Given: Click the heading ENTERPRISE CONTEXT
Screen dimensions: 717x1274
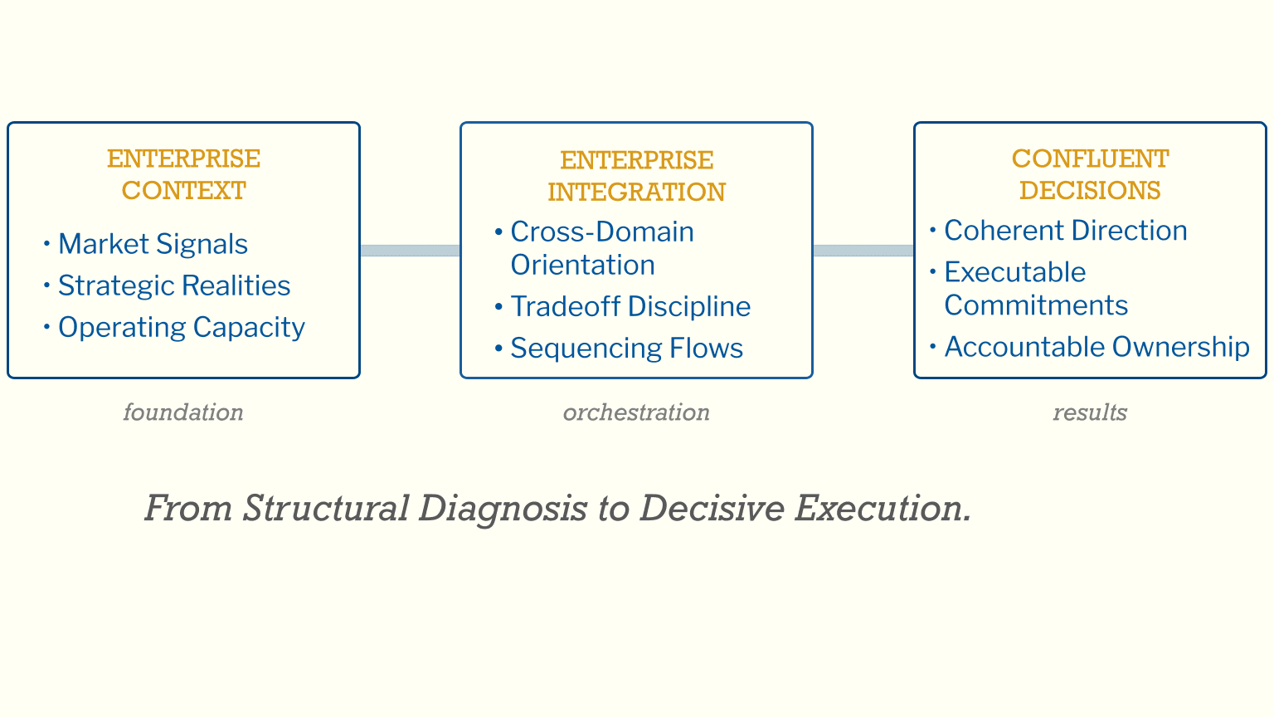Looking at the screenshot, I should [183, 174].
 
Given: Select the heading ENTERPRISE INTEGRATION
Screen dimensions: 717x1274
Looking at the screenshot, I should [636, 176].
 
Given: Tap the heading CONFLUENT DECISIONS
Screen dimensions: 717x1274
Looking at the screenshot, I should [1090, 174].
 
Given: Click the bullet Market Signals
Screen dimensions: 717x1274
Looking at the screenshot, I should [153, 244].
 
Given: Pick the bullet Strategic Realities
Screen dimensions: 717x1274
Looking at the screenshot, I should [174, 285].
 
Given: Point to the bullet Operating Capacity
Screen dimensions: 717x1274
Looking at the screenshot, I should [181, 327].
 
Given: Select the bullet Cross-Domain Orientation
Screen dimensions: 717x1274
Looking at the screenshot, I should [601, 248].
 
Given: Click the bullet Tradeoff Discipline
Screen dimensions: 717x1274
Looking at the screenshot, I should [630, 306].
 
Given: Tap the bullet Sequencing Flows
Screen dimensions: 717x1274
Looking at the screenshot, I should [626, 349].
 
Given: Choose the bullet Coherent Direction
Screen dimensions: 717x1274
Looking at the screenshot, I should [1065, 231].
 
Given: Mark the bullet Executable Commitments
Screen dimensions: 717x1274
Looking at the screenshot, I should [1035, 289].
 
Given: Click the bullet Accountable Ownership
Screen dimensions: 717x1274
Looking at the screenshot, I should [1097, 347].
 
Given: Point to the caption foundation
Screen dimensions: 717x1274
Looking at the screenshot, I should [183, 412].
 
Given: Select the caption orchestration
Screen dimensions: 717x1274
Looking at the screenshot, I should [636, 412].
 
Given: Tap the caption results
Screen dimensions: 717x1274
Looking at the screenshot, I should [1090, 412].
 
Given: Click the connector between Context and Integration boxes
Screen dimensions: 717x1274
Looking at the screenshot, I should [410, 251].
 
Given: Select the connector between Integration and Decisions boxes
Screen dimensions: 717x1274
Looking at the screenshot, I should [863, 251].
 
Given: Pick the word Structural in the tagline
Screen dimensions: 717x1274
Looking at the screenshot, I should [325, 508].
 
